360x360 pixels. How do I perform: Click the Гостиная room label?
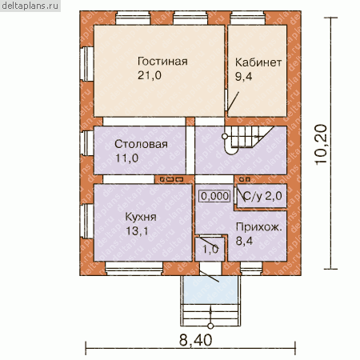click(162, 62)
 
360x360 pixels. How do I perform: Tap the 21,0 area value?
click(150, 75)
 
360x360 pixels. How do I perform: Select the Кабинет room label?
click(258, 62)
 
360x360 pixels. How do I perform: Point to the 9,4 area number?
click(243, 77)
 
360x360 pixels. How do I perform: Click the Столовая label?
click(141, 144)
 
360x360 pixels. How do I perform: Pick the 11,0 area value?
click(126, 158)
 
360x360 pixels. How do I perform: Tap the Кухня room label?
click(141, 218)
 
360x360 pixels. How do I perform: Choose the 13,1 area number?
click(137, 231)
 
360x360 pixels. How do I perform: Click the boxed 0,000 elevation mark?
click(215, 196)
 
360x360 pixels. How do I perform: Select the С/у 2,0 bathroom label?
click(262, 197)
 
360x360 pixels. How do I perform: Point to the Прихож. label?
click(258, 227)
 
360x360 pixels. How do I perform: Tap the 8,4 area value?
click(244, 241)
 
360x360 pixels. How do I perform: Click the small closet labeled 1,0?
click(210, 250)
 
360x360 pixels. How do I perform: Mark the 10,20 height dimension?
click(321, 144)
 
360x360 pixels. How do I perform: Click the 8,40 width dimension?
click(195, 341)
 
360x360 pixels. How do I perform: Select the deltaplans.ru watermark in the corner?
click(30, 6)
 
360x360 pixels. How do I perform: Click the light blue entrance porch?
click(210, 290)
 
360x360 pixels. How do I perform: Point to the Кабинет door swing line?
click(233, 102)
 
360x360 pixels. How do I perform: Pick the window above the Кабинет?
click(248, 18)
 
